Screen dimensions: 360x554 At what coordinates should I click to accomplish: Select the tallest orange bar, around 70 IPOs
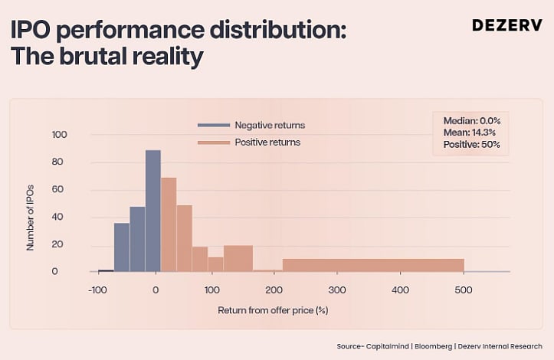169,224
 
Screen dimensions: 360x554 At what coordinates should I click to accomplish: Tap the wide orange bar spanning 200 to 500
373,265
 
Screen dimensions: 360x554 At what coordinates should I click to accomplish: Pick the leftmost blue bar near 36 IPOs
122,247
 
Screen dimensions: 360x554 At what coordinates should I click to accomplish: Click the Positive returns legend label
267,142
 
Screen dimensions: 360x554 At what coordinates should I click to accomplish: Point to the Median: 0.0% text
471,121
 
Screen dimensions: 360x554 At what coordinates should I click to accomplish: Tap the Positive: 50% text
471,144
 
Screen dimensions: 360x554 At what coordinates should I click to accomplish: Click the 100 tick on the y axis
60,135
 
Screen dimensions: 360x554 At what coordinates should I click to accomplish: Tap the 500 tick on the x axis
463,291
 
